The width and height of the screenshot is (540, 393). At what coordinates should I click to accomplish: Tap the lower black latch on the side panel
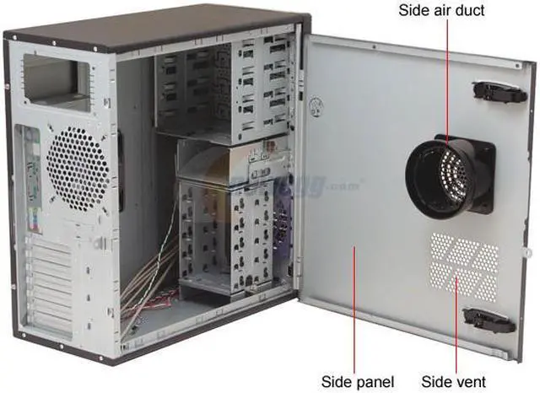point(490,319)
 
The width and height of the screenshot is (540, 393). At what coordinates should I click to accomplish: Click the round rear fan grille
point(78,169)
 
